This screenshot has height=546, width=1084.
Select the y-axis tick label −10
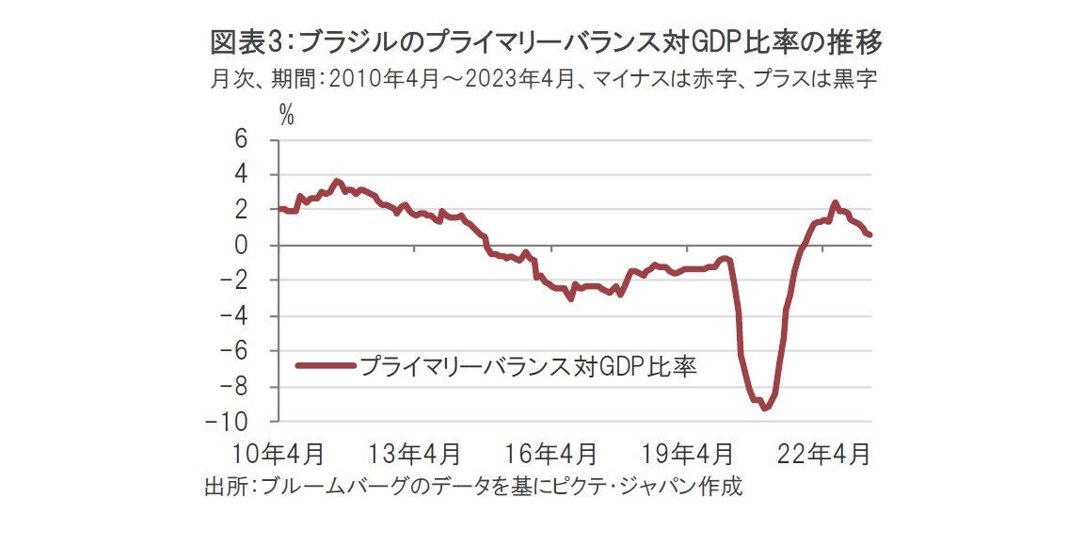pos(253,422)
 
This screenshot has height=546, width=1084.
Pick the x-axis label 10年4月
pos(278,454)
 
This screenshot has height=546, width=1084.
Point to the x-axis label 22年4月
pos(823,454)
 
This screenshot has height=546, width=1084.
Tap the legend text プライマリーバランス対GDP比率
pos(527,365)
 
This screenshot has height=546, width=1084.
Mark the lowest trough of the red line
pos(765,408)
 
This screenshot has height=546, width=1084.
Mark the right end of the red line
pos(870,234)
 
